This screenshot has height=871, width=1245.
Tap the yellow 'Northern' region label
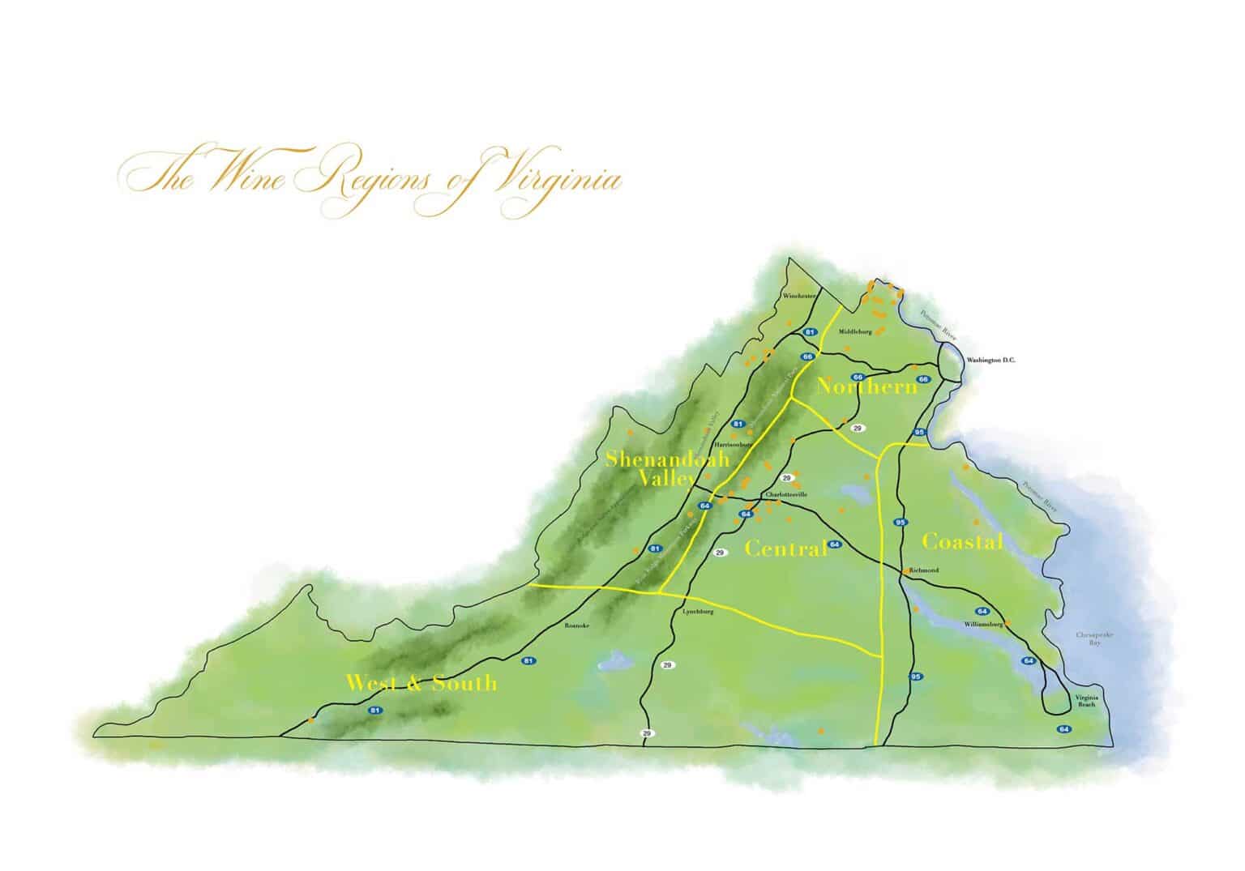pyautogui.click(x=866, y=387)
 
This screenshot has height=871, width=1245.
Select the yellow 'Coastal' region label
pyautogui.click(x=962, y=542)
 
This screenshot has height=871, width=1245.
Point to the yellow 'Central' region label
pyautogui.click(x=785, y=549)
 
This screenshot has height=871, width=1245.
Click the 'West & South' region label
pyautogui.click(x=421, y=683)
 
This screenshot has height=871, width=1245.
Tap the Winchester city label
pyautogui.click(x=799, y=297)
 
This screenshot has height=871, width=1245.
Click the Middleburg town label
pyautogui.click(x=855, y=331)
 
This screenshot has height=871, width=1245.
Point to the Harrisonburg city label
pyautogui.click(x=734, y=445)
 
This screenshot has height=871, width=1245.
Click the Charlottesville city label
pyautogui.click(x=787, y=494)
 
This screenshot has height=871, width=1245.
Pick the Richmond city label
pyautogui.click(x=924, y=570)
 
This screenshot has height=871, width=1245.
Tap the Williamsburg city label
pyautogui.click(x=983, y=625)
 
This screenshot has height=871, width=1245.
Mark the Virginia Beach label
pyautogui.click(x=1085, y=701)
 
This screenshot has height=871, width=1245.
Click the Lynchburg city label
pyautogui.click(x=699, y=612)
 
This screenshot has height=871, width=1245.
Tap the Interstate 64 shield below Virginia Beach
pyautogui.click(x=1063, y=729)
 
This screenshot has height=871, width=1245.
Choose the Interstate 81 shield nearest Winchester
pyautogui.click(x=809, y=332)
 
